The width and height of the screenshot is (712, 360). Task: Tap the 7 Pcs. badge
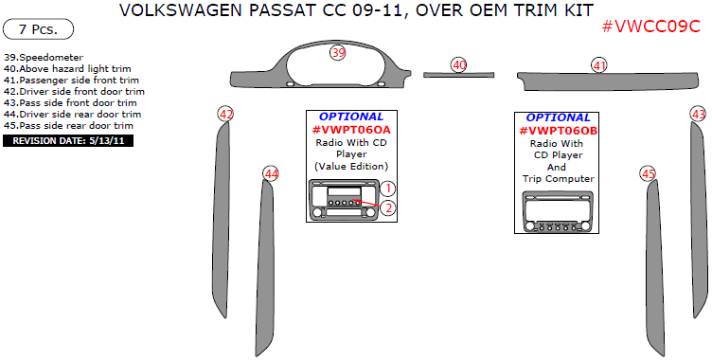click(x=38, y=29)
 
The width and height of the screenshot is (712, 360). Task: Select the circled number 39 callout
click(x=338, y=54)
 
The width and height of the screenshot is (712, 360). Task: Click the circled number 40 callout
click(x=459, y=64)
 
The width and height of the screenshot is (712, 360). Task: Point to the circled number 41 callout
click(x=599, y=65)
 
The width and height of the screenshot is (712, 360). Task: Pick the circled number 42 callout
click(x=225, y=114)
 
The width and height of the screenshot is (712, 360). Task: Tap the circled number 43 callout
click(x=699, y=114)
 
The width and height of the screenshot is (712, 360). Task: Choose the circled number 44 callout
click(x=272, y=173)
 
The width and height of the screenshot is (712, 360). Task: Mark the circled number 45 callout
click(x=648, y=173)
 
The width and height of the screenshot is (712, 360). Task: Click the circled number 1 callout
click(x=388, y=189)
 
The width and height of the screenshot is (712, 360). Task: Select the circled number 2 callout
click(x=388, y=207)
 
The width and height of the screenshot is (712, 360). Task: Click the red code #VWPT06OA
click(x=351, y=130)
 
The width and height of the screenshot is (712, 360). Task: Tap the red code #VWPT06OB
click(x=558, y=130)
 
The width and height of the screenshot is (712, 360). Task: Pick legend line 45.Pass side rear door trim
click(x=68, y=125)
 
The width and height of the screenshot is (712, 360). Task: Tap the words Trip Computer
click(x=558, y=178)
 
